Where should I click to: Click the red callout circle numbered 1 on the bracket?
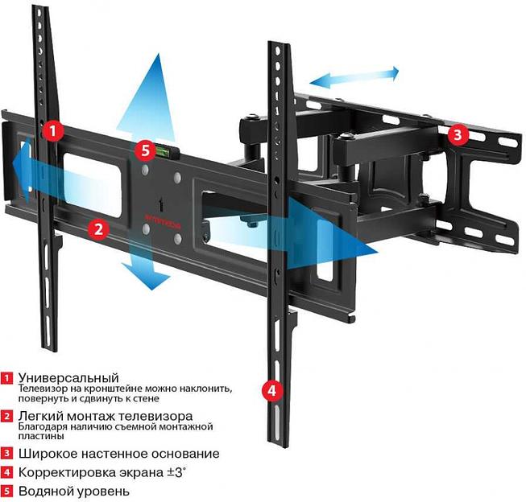coord(53,130)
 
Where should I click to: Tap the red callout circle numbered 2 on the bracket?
coord(98,228)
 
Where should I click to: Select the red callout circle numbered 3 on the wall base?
coord(457,134)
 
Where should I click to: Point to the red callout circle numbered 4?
coord(272,391)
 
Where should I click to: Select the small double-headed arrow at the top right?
coord(355,77)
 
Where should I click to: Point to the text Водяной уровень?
coord(73,491)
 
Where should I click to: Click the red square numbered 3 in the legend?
coord(7,454)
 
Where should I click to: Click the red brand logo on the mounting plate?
coord(160,215)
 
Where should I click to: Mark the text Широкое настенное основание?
coord(118,454)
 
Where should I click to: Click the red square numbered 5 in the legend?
coord(7,491)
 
